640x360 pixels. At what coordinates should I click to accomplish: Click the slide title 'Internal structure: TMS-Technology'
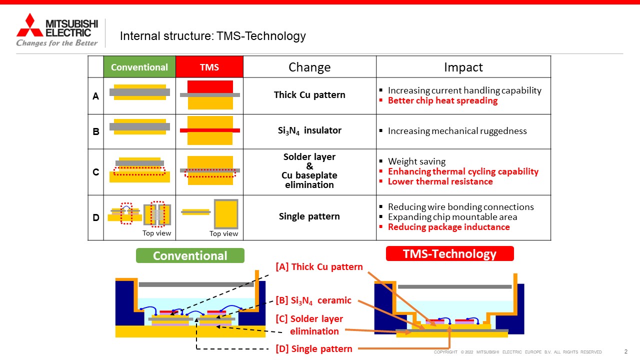[x=213, y=36]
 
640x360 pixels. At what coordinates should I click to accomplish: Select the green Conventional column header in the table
[x=139, y=67]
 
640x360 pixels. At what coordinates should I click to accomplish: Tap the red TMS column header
[x=209, y=67]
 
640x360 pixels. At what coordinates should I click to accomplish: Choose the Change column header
[x=309, y=67]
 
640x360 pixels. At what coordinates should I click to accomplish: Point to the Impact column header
[x=463, y=67]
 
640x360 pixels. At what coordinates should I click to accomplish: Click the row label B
[x=96, y=131]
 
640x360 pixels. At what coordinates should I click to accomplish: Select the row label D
[x=96, y=217]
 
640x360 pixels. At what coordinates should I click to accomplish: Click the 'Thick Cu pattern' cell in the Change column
[x=309, y=95]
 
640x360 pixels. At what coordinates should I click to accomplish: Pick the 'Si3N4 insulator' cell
[x=309, y=130]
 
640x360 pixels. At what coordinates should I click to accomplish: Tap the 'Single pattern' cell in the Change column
[x=309, y=216]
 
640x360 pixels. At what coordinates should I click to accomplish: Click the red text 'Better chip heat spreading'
[x=442, y=100]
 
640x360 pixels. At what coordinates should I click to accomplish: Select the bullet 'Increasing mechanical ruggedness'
[x=457, y=131]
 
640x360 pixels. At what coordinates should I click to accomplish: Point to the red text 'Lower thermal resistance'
[x=440, y=181]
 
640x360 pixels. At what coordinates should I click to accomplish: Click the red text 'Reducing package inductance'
[x=448, y=227]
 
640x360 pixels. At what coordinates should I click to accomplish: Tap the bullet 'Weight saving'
[x=416, y=161]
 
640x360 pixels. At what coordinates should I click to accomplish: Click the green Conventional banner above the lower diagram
[x=190, y=255]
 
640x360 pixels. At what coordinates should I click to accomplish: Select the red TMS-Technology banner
[x=449, y=253]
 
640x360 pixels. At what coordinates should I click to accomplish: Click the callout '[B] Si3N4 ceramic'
[x=313, y=300]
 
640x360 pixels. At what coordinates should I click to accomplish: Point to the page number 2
[x=625, y=351]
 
